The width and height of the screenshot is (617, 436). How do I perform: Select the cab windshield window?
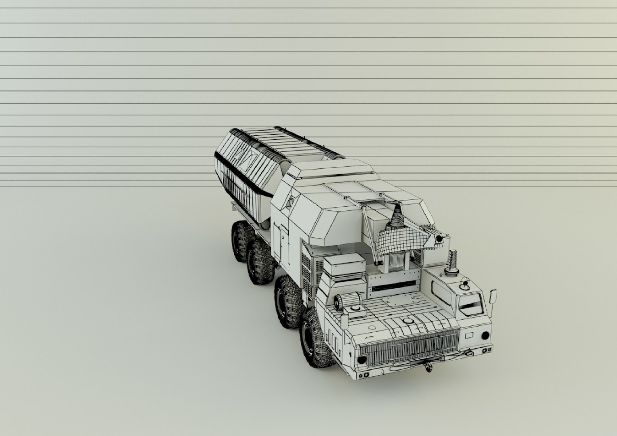(471, 303)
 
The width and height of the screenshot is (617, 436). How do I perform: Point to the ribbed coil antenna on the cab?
(453, 262)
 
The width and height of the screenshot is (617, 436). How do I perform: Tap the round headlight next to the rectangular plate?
(485, 335)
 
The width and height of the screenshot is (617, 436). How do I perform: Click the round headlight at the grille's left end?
(362, 359)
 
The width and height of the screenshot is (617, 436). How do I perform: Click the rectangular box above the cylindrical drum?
(344, 265)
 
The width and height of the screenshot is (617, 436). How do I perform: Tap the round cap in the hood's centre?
(406, 321)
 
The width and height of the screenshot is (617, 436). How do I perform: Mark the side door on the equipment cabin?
(281, 240)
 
